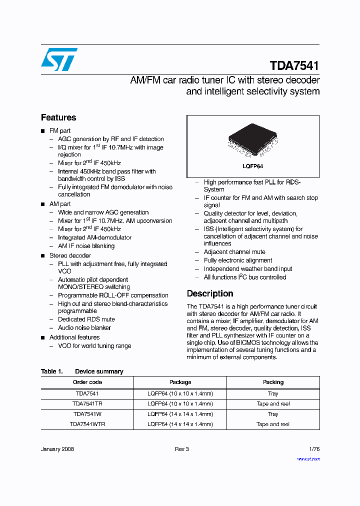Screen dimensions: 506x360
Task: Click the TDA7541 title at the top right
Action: click(x=294, y=66)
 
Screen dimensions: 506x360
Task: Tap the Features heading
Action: click(x=58, y=117)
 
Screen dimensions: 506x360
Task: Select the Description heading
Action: click(x=210, y=293)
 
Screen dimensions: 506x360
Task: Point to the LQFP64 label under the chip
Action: click(x=253, y=166)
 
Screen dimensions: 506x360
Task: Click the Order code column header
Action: click(x=87, y=382)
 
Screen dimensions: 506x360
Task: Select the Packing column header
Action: click(x=273, y=382)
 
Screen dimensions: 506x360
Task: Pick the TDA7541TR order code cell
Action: click(x=87, y=403)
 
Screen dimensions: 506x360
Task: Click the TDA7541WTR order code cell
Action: click(x=87, y=424)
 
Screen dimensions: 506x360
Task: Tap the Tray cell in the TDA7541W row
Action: click(x=273, y=414)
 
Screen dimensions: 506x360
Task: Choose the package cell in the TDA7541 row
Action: click(x=180, y=393)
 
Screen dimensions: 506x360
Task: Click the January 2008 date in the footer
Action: click(x=57, y=449)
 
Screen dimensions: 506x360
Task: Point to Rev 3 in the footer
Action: click(x=181, y=449)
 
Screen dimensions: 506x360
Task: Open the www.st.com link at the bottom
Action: click(x=308, y=458)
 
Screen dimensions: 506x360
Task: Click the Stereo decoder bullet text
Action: click(x=70, y=255)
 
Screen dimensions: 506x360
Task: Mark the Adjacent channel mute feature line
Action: click(x=234, y=252)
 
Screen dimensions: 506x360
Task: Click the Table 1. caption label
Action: click(x=51, y=371)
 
